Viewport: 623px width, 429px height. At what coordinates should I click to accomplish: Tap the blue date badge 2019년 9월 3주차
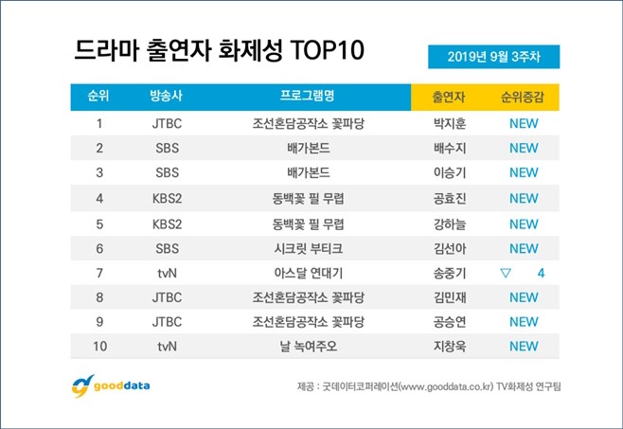(493, 56)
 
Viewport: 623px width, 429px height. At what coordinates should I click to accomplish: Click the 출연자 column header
(449, 97)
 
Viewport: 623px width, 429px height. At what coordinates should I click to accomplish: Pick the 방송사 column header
(167, 97)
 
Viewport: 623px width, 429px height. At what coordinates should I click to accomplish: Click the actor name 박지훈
(449, 122)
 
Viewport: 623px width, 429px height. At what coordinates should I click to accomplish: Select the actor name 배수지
(449, 148)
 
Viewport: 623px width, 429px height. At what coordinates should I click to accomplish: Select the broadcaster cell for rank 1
(167, 122)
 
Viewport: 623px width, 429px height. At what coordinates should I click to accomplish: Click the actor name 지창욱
(449, 346)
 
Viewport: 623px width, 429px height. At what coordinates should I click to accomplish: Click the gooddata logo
(111, 386)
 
